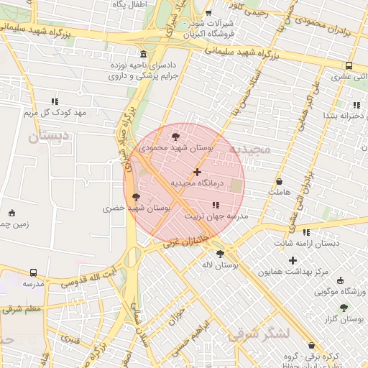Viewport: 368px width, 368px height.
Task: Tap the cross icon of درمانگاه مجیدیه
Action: pos(198,172)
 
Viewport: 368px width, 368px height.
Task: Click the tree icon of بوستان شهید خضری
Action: pos(137,198)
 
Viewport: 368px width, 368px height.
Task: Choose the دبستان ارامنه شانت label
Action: pos(310,244)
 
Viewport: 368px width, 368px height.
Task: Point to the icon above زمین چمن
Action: pos(11,213)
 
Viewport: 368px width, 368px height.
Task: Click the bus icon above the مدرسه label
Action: pos(34,273)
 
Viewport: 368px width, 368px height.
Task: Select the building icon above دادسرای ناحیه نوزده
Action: pos(144,55)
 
